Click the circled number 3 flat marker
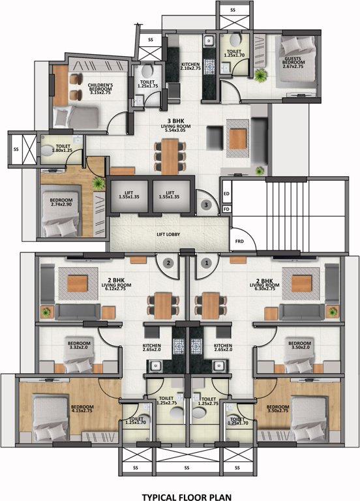pos(206,205)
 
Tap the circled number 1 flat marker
pos(207,264)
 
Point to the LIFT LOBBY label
pos(168,234)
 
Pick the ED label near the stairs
pos(226,194)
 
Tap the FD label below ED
pos(226,209)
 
